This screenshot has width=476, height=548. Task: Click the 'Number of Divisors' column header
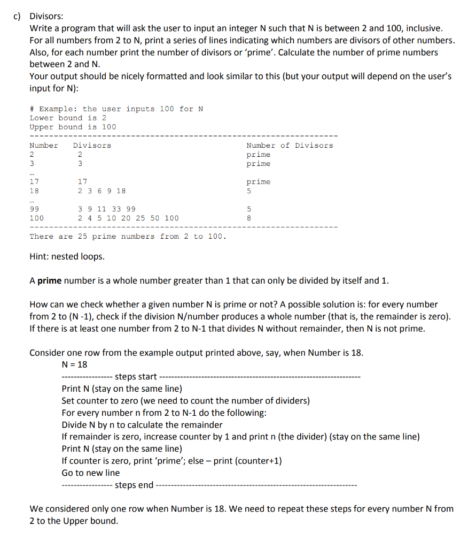[x=289, y=146]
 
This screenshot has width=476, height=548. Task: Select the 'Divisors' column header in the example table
[x=92, y=146]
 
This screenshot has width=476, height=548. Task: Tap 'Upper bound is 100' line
[x=73, y=127]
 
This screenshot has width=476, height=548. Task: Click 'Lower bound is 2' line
[x=68, y=118]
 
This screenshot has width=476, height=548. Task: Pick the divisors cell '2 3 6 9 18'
[x=102, y=191]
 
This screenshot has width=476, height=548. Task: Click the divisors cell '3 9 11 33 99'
[x=106, y=209]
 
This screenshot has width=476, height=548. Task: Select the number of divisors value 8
[x=249, y=218]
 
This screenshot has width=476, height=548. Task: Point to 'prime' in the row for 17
[x=258, y=182]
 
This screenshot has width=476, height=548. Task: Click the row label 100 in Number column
[x=36, y=218]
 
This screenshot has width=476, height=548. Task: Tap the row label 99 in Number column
[x=34, y=209]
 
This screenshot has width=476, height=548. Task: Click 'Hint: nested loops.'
[x=67, y=257]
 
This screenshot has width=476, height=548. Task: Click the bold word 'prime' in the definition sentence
[x=49, y=280]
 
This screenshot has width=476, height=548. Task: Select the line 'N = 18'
[x=74, y=365]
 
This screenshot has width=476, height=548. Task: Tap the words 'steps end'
[x=134, y=485]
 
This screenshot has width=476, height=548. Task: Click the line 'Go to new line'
[x=90, y=473]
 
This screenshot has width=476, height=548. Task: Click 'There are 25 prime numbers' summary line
[x=128, y=237]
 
